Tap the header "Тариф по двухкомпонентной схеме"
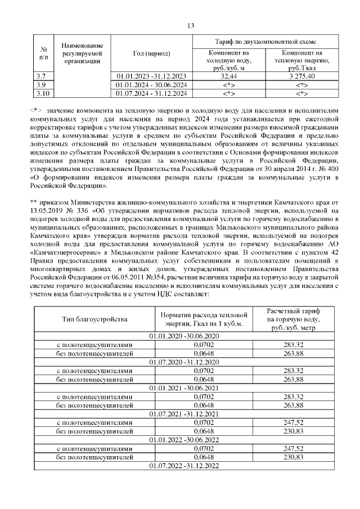(265, 42)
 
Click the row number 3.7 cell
(40, 76)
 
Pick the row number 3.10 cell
(42, 93)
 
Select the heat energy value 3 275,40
(303, 76)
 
